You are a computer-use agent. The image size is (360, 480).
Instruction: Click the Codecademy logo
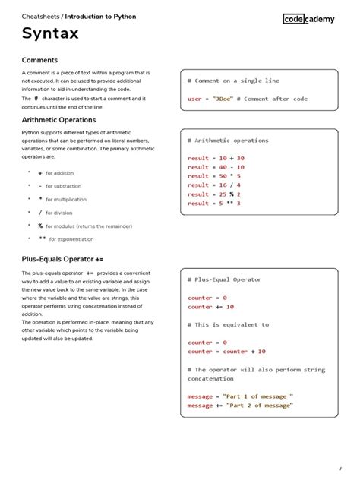pyautogui.click(x=311, y=19)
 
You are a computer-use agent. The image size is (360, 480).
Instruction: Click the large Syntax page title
pyautogui.click(x=50, y=34)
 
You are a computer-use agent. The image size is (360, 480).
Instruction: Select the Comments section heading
pyautogui.click(x=39, y=60)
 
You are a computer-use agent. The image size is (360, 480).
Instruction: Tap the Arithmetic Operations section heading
pyautogui.click(x=58, y=120)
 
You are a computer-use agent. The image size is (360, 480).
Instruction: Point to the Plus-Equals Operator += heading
pyautogui.click(x=62, y=259)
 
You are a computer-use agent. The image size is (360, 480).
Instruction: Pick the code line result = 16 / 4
pyautogui.click(x=214, y=185)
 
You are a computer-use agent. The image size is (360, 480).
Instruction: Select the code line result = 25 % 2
pyautogui.click(x=214, y=194)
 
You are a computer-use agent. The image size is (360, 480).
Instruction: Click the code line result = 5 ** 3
pyautogui.click(x=214, y=204)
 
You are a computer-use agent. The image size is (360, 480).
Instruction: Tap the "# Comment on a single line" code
pyautogui.click(x=233, y=81)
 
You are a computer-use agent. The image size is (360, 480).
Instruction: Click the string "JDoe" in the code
pyautogui.click(x=223, y=99)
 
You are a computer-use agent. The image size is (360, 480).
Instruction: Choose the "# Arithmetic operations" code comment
pyautogui.click(x=228, y=141)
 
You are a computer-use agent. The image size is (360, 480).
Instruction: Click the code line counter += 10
pyautogui.click(x=211, y=307)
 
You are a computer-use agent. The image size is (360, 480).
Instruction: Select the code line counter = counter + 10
pyautogui.click(x=226, y=352)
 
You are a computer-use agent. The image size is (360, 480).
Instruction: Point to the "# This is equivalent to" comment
pyautogui.click(x=228, y=325)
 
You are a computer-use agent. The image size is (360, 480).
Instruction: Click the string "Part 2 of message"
pyautogui.click(x=258, y=406)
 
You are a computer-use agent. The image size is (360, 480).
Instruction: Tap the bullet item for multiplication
pyautogui.click(x=65, y=199)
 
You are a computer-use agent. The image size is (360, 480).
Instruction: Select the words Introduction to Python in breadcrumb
pyautogui.click(x=100, y=16)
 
